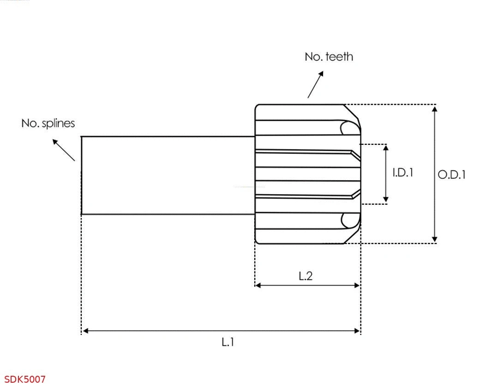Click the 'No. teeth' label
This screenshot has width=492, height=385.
329,57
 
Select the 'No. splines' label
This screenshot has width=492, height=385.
48,124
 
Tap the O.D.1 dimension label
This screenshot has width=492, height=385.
451,175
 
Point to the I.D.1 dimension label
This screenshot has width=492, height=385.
402,172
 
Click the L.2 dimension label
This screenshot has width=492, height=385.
306,276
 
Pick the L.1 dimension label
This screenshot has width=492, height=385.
228,342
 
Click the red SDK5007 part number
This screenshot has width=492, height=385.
25,379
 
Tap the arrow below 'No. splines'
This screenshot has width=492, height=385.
63,149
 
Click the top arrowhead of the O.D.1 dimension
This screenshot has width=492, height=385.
434,108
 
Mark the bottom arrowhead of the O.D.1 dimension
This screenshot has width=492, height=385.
434,239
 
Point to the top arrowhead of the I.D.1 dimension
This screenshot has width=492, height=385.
386,148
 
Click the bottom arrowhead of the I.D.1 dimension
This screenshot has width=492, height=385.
386,200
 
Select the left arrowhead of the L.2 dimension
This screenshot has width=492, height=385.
258,285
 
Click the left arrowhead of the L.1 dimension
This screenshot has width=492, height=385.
85,331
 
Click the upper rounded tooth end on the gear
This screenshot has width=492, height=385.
349,128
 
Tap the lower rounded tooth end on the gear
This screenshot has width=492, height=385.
349,221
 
